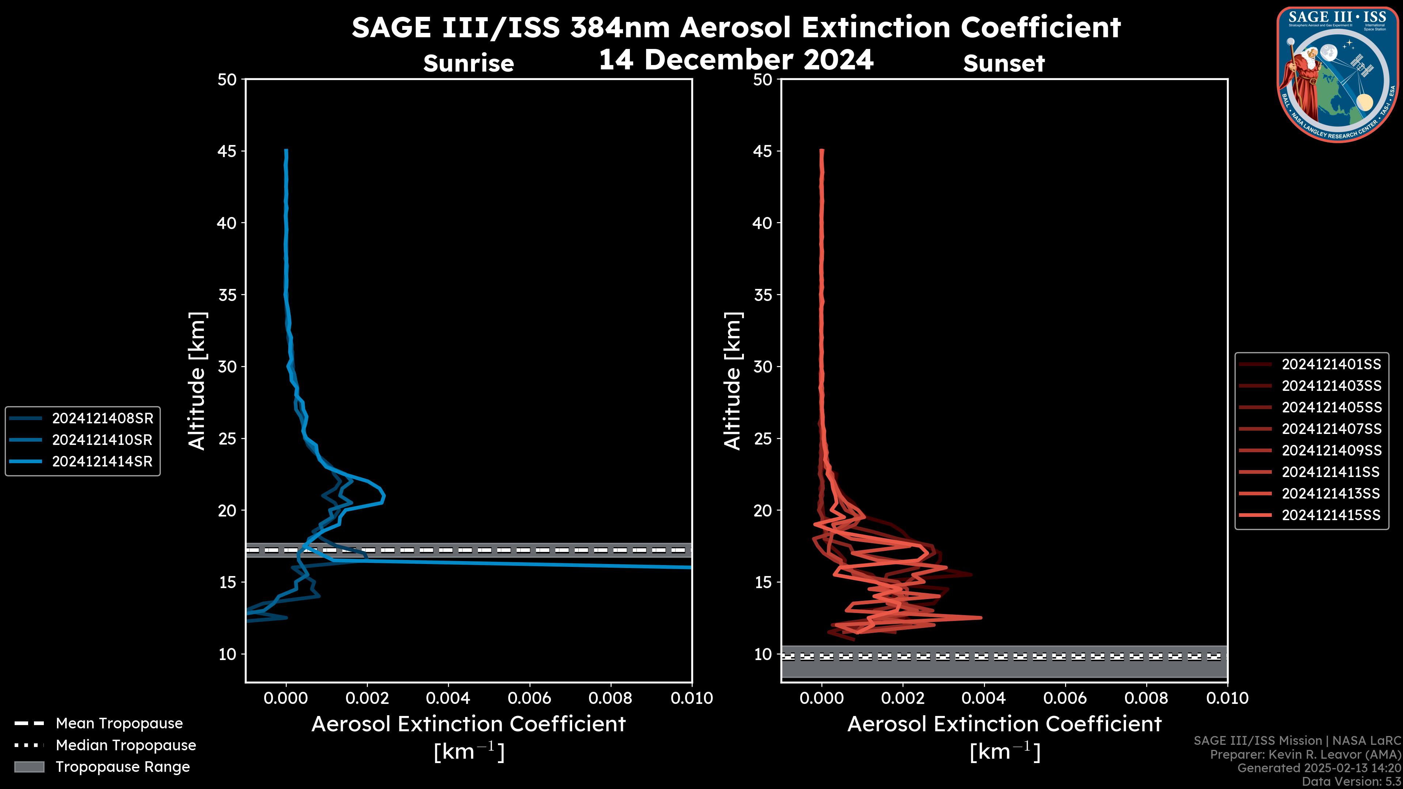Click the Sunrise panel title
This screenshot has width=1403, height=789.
[468, 64]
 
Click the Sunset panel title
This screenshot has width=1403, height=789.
[1004, 64]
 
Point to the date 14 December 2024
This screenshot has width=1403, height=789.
[736, 59]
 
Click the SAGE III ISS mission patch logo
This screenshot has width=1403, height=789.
[1338, 74]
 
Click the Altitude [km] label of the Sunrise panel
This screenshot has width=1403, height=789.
[197, 381]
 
